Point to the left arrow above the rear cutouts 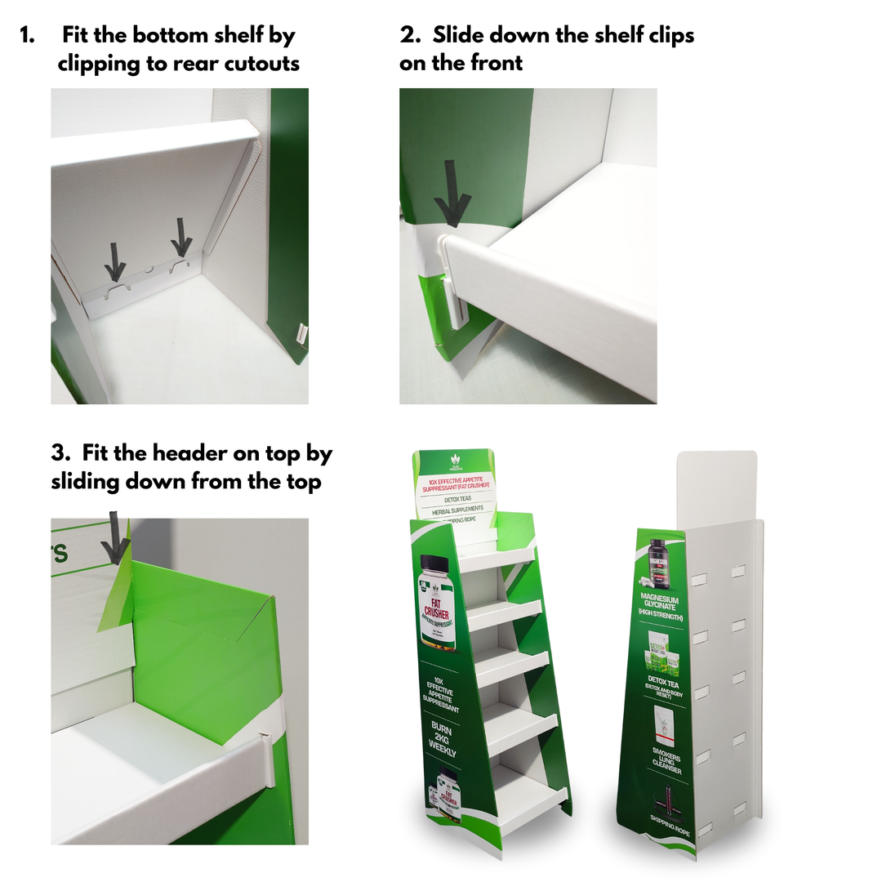pyautogui.click(x=116, y=261)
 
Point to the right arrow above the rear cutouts pyautogui.click(x=180, y=238)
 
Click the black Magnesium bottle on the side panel pyautogui.click(x=659, y=562)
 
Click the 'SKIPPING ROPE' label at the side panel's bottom pyautogui.click(x=670, y=818)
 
